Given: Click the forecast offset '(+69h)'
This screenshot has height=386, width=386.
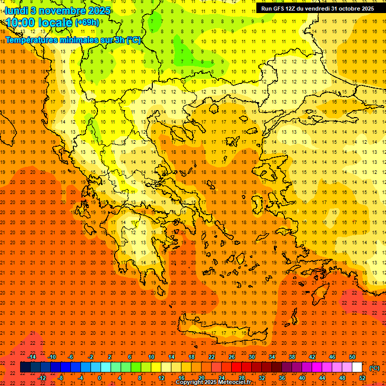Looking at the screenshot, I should point(87,23).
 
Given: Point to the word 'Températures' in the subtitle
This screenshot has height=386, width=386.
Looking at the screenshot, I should point(32,40).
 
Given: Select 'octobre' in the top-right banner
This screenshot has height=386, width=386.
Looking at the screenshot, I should point(352,9).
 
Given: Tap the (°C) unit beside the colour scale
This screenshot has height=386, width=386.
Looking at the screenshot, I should point(374,368).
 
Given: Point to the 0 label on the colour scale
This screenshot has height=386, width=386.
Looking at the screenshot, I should point(100,378).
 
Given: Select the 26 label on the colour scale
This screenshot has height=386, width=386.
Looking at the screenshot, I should point(232,357).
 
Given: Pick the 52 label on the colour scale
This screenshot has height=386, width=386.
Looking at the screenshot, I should point(362,378).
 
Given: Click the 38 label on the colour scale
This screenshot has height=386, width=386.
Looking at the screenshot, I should point(292,357).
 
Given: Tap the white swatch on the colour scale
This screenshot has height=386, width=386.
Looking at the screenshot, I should point(357,367).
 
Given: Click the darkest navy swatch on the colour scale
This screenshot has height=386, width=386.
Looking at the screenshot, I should point(25,367).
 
